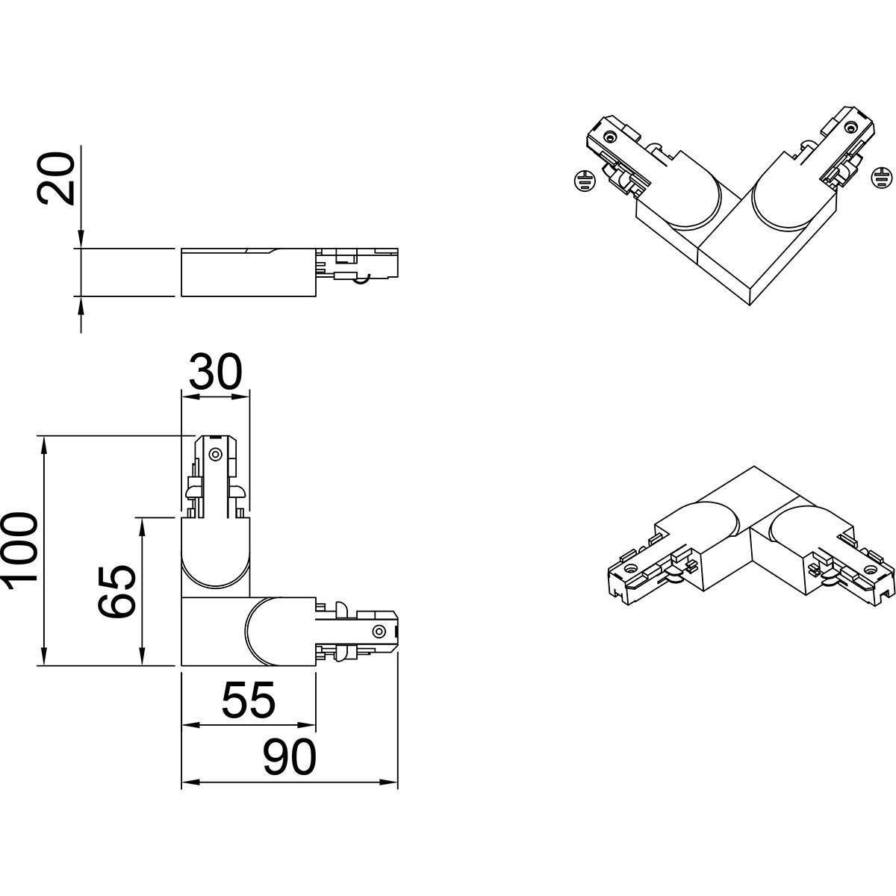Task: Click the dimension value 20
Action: pyautogui.click(x=55, y=178)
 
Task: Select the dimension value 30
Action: pyautogui.click(x=216, y=372)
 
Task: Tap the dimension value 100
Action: pyautogui.click(x=19, y=552)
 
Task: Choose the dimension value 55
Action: pyautogui.click(x=249, y=700)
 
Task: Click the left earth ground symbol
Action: pyautogui.click(x=585, y=181)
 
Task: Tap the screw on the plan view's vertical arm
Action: pyautogui.click(x=215, y=454)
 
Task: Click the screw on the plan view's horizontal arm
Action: pyautogui.click(x=379, y=632)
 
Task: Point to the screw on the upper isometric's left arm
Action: pyautogui.click(x=609, y=137)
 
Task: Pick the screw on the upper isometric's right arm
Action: pyautogui.click(x=851, y=127)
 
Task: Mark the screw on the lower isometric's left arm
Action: pyautogui.click(x=630, y=568)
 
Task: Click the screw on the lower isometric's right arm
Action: pyautogui.click(x=871, y=569)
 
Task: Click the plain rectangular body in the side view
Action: pyautogui.click(x=249, y=273)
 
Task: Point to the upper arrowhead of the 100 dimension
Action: pyautogui.click(x=44, y=444)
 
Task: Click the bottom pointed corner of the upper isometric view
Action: pyautogui.click(x=750, y=305)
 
